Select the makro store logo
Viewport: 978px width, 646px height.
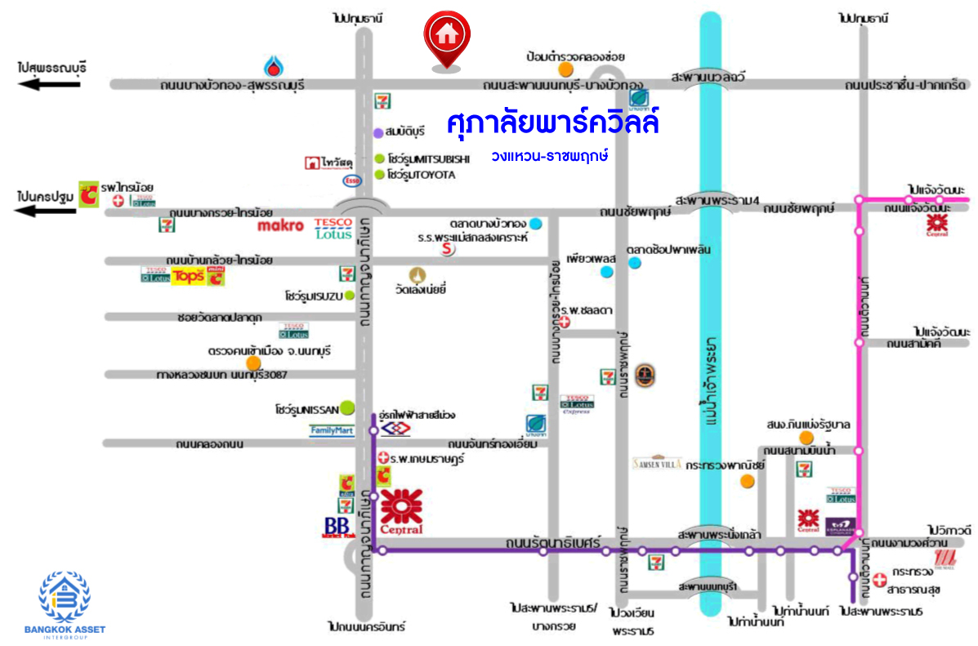click(280, 225)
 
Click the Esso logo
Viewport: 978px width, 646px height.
click(352, 180)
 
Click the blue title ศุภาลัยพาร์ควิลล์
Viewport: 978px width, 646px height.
click(553, 125)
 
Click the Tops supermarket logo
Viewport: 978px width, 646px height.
click(187, 276)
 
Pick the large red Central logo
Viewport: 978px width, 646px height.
click(401, 512)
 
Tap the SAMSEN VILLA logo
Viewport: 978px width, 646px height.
click(657, 462)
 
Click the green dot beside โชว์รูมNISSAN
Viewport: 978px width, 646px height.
click(347, 407)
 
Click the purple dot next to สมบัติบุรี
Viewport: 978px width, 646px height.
click(378, 132)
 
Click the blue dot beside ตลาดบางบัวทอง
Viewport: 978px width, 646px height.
click(535, 223)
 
